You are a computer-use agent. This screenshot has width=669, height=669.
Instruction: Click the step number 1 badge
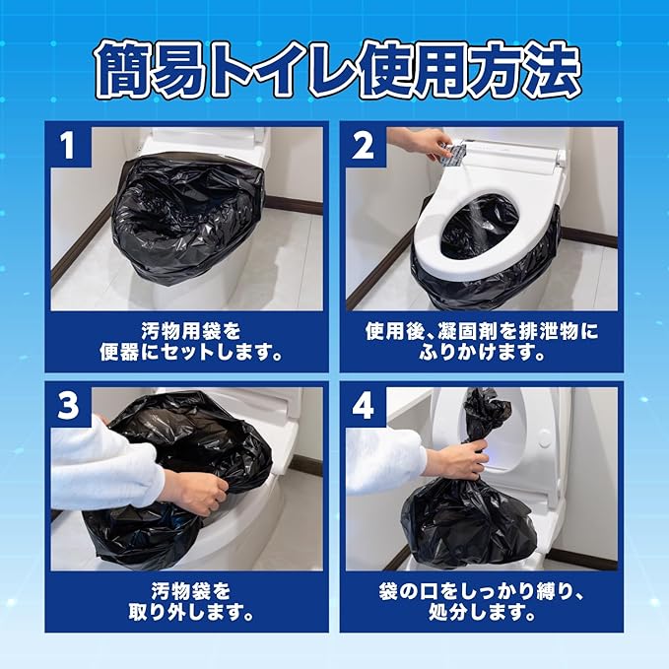pos(69,145)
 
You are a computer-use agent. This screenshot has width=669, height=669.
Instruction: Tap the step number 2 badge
pos(364,145)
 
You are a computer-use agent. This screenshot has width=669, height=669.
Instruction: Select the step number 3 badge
pos(69,405)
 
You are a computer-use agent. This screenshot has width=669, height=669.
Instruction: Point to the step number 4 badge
pos(364,405)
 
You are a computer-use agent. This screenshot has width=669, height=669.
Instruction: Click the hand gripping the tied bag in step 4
pos(459,460)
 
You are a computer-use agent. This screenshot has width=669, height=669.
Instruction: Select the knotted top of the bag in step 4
pos(487,416)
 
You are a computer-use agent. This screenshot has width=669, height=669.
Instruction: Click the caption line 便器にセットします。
pos(190,353)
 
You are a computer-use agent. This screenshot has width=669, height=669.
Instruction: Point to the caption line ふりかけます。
pos(482,353)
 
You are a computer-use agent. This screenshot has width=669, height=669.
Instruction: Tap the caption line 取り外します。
pos(191,613)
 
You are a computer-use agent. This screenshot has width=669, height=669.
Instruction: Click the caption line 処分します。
pos(482,613)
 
